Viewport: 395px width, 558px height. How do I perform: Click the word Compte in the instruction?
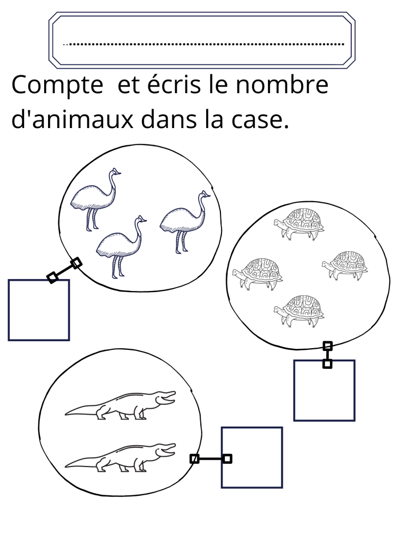[x=57, y=86]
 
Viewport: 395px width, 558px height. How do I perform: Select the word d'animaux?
[x=73, y=119]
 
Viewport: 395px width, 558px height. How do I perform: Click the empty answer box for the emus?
[x=39, y=310]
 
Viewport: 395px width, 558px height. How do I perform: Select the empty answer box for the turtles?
[x=324, y=390]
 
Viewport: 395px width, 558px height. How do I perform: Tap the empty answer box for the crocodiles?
[x=252, y=457]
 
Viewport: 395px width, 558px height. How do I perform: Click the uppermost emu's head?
[x=115, y=173]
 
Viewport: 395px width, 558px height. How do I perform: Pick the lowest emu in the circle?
[x=121, y=246]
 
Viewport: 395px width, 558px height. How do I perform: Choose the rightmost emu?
[x=185, y=222]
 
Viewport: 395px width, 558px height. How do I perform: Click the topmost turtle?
[x=299, y=224]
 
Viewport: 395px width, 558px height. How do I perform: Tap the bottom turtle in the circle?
[x=299, y=310]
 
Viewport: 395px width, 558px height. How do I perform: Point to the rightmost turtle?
[x=345, y=265]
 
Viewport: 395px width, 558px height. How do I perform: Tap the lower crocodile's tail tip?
[x=66, y=466]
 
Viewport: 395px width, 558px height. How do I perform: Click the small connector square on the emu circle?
[x=76, y=263]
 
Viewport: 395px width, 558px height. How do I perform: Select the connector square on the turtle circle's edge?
[x=328, y=345]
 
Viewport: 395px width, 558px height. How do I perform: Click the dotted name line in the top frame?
[x=204, y=45]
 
